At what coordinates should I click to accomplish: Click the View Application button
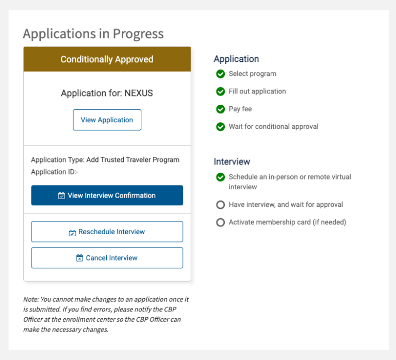tap(107, 120)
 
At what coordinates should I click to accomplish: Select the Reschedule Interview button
tap(107, 232)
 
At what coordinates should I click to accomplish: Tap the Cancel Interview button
tap(107, 258)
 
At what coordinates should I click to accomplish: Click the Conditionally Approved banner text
tap(107, 59)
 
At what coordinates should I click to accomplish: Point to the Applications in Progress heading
tap(93, 34)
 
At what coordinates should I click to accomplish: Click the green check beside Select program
tap(221, 74)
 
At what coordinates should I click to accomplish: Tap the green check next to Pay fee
tap(221, 109)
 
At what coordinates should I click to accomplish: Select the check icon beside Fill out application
tap(221, 91)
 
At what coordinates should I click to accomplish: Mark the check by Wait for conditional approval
tap(221, 126)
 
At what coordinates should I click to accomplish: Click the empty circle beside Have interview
tap(221, 205)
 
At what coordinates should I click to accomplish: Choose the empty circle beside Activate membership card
tap(221, 222)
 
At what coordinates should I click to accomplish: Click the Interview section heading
tap(232, 161)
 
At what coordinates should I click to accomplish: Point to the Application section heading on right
tap(236, 59)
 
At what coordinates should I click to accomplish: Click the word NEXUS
tap(139, 93)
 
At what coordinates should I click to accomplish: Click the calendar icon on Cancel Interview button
tap(79, 258)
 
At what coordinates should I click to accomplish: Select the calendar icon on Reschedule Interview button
tap(72, 233)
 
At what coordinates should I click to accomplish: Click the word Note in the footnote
tap(30, 299)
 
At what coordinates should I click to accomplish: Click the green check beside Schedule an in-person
tap(221, 177)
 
